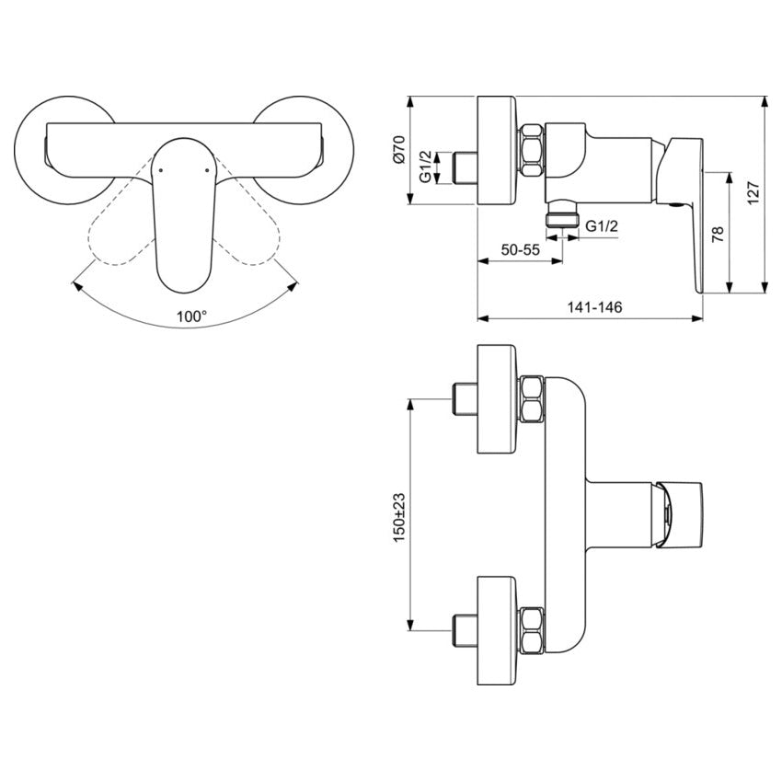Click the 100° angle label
tap(192, 316)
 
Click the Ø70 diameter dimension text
tap(398, 149)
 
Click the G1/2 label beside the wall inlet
tap(425, 167)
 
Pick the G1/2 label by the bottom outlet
tap(601, 225)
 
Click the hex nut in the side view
tap(533, 151)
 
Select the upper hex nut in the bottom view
tap(532, 399)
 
